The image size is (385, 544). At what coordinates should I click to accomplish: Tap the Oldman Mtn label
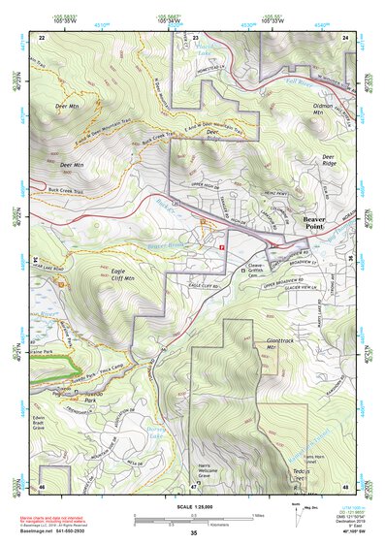tap(322, 108)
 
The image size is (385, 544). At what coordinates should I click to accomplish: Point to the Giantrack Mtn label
tap(278, 345)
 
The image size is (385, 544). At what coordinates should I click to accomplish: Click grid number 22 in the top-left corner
tap(42, 36)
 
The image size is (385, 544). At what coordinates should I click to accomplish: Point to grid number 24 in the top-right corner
tap(345, 36)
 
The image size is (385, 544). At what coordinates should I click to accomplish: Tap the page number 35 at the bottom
tap(193, 532)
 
